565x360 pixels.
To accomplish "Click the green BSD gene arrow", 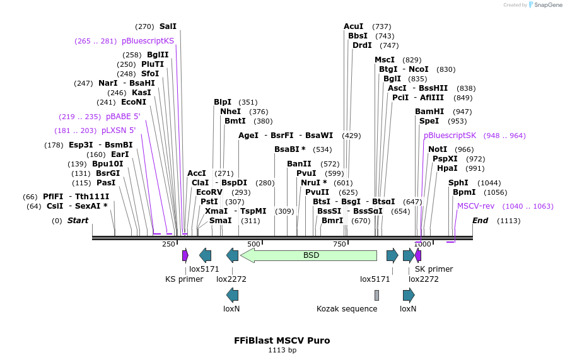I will (x=309, y=255).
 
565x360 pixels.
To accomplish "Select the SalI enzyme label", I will (x=168, y=26).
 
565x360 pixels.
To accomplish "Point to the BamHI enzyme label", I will (x=429, y=112).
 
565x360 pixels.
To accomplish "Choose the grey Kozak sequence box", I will (x=376, y=295).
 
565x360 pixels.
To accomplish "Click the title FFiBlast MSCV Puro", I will (x=282, y=340).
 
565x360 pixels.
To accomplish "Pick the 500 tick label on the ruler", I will (x=253, y=244).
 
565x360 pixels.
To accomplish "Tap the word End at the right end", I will (x=481, y=221).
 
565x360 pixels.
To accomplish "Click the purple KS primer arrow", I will (x=185, y=255).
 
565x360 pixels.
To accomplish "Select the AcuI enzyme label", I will (x=353, y=26).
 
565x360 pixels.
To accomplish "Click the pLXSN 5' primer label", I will (x=119, y=131).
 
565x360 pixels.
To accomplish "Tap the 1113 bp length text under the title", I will (x=282, y=350).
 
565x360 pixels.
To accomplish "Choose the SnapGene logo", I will (x=545, y=5).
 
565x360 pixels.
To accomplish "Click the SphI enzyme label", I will (x=458, y=183).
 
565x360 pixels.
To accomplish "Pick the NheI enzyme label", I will (x=231, y=112).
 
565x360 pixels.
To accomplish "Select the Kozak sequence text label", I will (x=347, y=309).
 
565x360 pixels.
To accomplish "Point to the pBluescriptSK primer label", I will (x=450, y=136).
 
